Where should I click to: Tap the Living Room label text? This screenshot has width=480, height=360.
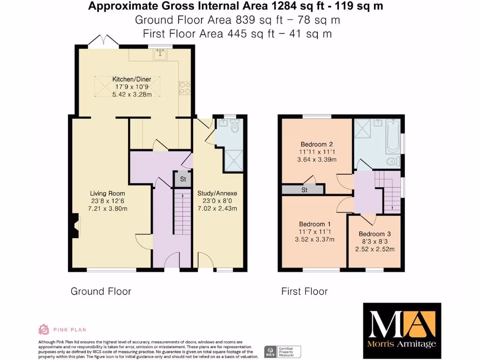(x=107, y=193)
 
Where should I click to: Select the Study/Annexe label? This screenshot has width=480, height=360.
(x=217, y=193)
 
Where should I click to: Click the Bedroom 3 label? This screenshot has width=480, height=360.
(x=375, y=234)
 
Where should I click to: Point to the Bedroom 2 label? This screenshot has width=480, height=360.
(x=316, y=144)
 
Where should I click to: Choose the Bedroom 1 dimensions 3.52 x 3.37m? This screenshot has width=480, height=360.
(x=315, y=240)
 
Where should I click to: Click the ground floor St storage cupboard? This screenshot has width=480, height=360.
(x=183, y=179)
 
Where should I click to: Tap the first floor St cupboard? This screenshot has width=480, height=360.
(x=304, y=190)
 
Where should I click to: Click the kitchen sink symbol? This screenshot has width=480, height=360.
(x=160, y=55)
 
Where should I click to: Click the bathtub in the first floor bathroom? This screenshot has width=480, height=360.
(x=392, y=137)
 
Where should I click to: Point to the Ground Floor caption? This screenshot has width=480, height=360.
(x=101, y=291)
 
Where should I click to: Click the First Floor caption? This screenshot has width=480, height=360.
(x=304, y=291)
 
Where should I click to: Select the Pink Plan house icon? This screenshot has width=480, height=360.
(x=44, y=330)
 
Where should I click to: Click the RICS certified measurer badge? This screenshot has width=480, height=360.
(x=283, y=351)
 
